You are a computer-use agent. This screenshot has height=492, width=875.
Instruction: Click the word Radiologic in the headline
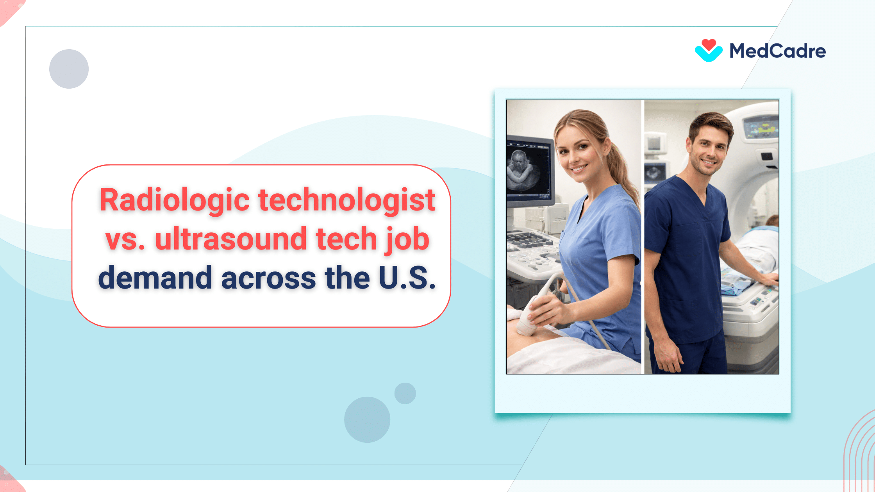[x=174, y=200]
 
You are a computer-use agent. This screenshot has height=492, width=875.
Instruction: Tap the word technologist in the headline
[x=346, y=200]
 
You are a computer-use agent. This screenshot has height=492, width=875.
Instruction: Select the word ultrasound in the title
[x=231, y=239]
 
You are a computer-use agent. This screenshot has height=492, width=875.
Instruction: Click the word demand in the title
[x=155, y=278]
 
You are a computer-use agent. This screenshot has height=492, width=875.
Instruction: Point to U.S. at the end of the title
[x=407, y=278]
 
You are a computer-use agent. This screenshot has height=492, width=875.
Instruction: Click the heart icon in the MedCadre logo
[x=708, y=50]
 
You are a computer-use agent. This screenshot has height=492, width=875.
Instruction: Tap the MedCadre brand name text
[x=777, y=51]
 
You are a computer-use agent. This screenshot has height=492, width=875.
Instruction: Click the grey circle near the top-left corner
[x=69, y=69]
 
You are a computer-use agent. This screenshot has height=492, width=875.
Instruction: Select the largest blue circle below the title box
[x=367, y=419]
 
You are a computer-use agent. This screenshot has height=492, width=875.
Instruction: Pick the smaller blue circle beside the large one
[x=405, y=393]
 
